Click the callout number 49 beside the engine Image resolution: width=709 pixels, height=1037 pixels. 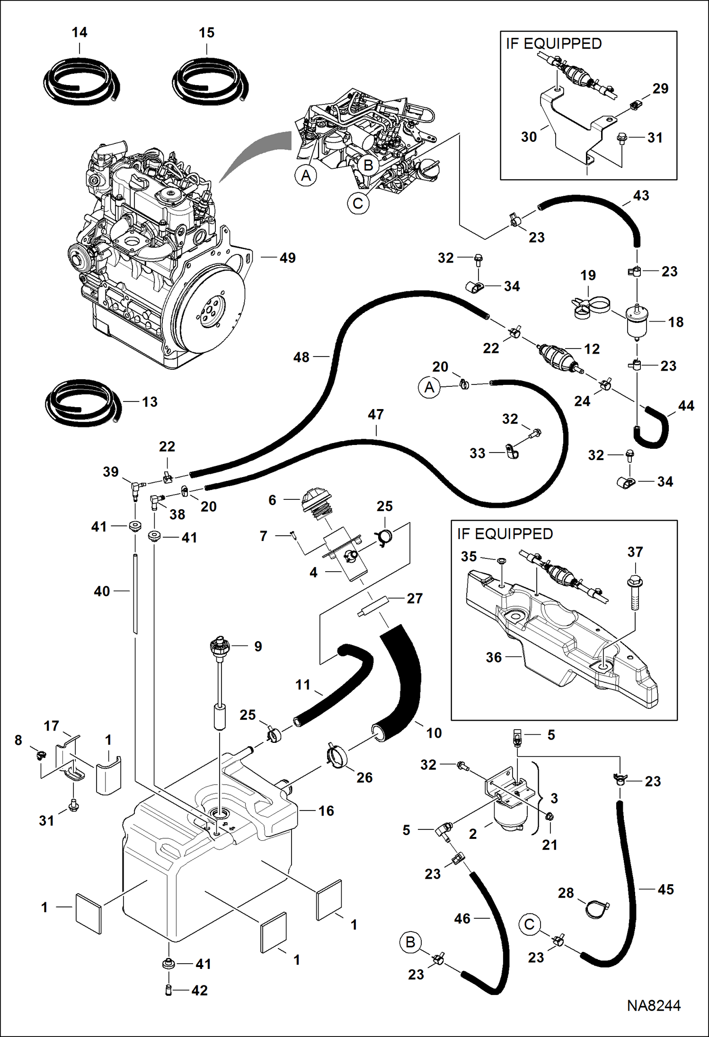tap(287, 258)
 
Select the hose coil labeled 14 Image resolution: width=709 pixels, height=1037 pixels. tap(81, 83)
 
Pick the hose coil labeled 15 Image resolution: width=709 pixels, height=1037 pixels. tap(210, 83)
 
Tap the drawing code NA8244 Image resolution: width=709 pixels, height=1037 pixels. tap(654, 1005)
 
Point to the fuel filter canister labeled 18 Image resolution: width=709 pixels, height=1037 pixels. tap(637, 322)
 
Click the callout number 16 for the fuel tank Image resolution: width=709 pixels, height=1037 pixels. tap(326, 810)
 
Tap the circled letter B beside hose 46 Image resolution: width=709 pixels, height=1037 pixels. tap(410, 941)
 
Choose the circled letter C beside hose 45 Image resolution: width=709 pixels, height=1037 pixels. tap(529, 924)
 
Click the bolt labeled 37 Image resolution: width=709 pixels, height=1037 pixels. tap(635, 592)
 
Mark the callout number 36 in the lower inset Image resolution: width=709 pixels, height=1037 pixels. tap(494, 657)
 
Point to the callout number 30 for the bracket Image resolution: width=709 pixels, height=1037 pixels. tap(529, 137)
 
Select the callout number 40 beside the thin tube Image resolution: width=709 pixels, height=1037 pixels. tap(102, 591)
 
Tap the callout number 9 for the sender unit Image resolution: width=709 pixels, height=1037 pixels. tap(258, 646)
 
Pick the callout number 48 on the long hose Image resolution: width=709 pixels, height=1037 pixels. tap(301, 357)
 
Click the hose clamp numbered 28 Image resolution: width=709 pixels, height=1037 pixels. tap(595, 908)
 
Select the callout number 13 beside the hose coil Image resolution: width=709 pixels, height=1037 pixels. tap(150, 401)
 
